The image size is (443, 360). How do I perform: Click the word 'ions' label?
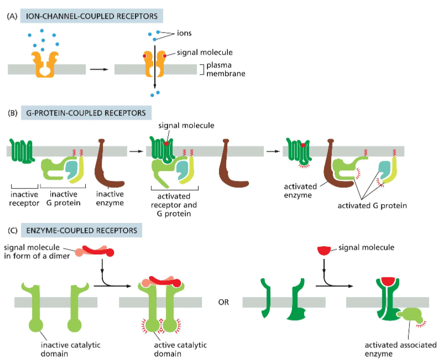pos(185,33)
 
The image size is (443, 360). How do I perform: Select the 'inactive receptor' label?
pos(24,199)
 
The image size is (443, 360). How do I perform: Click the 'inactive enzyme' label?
pos(110,199)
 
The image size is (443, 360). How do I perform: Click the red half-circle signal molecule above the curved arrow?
pos(324,251)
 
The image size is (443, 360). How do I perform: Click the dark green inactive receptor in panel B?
pos(22,150)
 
